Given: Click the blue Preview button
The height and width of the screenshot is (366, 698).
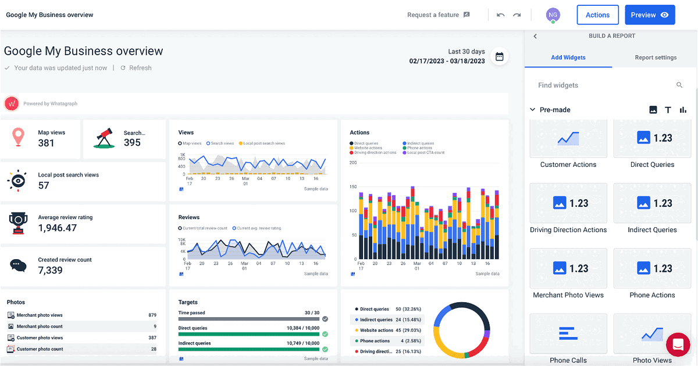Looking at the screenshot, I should [650, 15].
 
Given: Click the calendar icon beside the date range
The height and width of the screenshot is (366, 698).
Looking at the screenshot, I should [499, 56].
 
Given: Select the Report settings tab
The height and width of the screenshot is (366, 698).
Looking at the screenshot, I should [656, 58].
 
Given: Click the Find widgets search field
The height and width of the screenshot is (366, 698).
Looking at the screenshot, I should [605, 85].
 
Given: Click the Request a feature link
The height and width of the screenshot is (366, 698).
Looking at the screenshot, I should [438, 15].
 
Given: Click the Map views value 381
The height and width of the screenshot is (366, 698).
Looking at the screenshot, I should [46, 143].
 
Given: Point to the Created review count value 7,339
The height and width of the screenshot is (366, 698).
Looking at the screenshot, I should [51, 271].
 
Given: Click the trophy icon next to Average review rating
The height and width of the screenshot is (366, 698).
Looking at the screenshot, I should [19, 223].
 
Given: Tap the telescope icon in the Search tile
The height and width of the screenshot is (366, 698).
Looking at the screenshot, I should [105, 138].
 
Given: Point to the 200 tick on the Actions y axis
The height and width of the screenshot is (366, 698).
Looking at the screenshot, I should [352, 163].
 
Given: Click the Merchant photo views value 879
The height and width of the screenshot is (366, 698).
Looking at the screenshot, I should [152, 315].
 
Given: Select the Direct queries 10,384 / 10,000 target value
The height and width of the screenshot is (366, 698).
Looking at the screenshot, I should [303, 328].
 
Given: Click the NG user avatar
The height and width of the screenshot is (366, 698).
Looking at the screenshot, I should [553, 15].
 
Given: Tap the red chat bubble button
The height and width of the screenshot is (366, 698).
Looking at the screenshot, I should [677, 345].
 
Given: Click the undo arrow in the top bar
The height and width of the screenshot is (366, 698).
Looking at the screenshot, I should [500, 15].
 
